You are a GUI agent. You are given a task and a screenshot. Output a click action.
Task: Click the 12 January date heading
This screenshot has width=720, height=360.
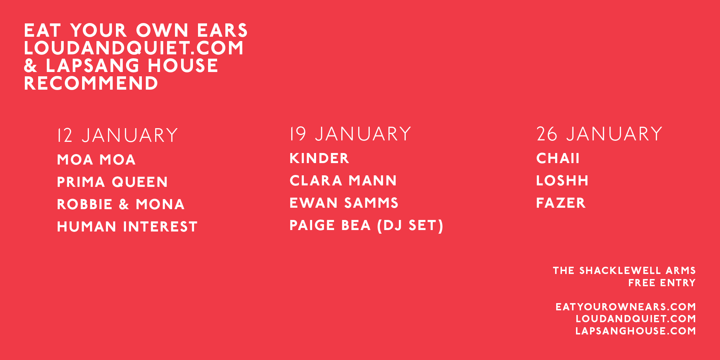[118, 135]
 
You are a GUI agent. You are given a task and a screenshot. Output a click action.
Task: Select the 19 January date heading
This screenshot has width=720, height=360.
[351, 134]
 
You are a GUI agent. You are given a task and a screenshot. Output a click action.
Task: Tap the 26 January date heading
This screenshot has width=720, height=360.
[599, 134]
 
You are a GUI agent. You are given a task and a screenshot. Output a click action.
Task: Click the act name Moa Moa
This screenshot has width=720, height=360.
[96, 160]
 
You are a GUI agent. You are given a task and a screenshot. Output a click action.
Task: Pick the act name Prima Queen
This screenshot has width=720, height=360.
[112, 182]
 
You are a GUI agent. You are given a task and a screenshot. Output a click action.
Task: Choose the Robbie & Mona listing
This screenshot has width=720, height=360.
[121, 204]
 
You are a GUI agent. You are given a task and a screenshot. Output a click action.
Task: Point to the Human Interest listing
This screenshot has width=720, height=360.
[127, 227]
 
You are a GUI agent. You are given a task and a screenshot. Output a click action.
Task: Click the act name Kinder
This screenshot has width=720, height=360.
[319, 158]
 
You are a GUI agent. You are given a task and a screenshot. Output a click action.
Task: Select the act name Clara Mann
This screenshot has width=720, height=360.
[343, 181]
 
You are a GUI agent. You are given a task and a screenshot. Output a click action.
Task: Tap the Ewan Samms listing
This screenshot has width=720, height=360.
[344, 203]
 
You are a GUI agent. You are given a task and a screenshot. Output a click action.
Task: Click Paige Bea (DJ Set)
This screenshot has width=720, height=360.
[366, 226]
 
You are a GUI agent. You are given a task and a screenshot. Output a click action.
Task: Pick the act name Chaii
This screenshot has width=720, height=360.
[558, 158]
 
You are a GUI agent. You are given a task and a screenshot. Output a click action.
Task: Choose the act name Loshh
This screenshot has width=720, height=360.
[562, 181]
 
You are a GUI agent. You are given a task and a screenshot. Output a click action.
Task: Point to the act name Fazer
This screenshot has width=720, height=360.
[561, 203]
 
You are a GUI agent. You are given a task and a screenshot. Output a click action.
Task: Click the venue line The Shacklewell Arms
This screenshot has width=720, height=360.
[624, 271]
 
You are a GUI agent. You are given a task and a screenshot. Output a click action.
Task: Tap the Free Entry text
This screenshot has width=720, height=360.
[662, 283]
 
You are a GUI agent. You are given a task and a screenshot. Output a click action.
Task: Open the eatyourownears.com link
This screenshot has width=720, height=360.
[626, 307]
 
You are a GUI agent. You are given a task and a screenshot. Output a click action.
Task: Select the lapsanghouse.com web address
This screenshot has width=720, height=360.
[636, 331]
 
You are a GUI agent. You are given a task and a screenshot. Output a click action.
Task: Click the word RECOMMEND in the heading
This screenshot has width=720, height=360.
[91, 84]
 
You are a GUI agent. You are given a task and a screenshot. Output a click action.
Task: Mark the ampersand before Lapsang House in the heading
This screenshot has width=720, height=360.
[31, 66]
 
